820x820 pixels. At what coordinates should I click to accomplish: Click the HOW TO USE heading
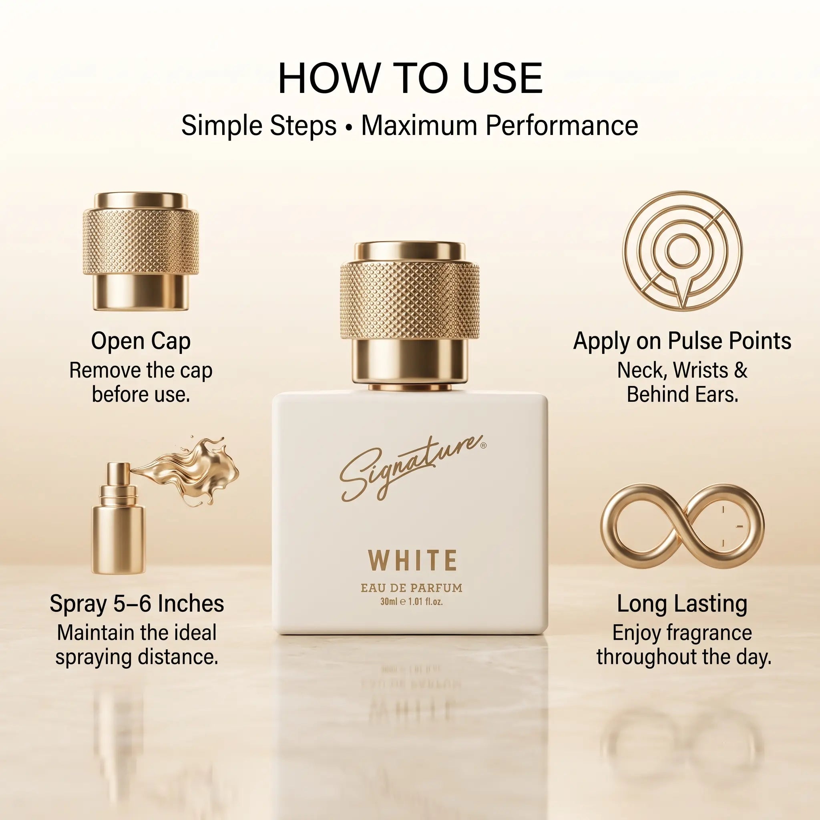pos(410,78)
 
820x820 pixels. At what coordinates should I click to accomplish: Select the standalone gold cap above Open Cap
pos(141,251)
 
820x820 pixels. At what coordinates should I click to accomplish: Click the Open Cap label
pos(141,342)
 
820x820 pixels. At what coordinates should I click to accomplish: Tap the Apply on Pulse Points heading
pos(682,341)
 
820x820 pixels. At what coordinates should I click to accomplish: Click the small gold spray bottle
pos(119,518)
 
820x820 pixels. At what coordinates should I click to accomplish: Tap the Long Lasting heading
pos(682,603)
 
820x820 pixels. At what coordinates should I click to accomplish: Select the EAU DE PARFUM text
pos(412,588)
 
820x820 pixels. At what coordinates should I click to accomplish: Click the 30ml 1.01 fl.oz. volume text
pos(412,602)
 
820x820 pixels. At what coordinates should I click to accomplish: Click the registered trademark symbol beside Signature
pos(484,446)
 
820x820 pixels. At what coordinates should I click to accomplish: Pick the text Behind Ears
pos(683,394)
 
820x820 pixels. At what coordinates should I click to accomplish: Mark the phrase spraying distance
pos(137,657)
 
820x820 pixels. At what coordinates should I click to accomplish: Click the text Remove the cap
pos(141,370)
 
